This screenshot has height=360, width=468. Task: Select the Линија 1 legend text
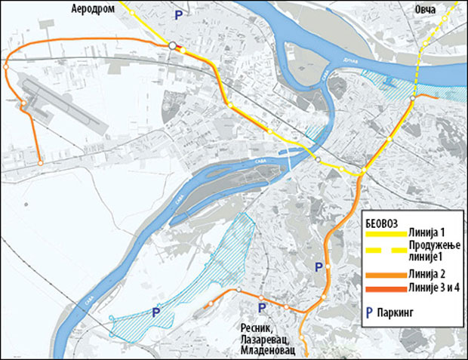pyautogui.click(x=430, y=231)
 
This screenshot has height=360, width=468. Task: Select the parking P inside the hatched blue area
pyautogui.click(x=156, y=312)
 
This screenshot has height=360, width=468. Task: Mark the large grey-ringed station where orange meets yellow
pyautogui.click(x=174, y=46)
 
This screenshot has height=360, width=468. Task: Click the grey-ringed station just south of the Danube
pyautogui.click(x=413, y=99)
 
